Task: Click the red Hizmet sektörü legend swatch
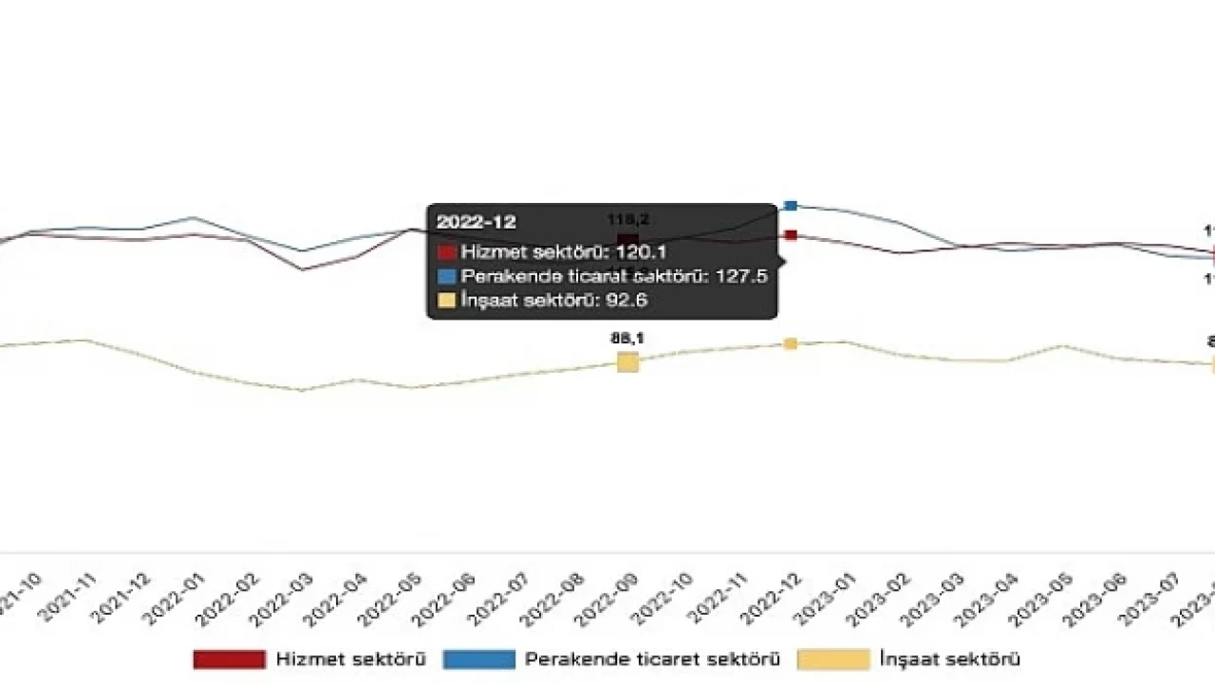229,659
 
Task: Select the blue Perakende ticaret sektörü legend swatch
478,659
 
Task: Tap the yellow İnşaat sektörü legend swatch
832,659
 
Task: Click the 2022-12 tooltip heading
477,222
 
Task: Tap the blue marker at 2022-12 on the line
791,206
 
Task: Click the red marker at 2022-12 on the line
791,235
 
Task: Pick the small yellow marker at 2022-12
791,343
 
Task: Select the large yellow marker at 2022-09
627,361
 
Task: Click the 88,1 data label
627,338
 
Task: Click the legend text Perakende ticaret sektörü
653,659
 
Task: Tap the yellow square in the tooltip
446,301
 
